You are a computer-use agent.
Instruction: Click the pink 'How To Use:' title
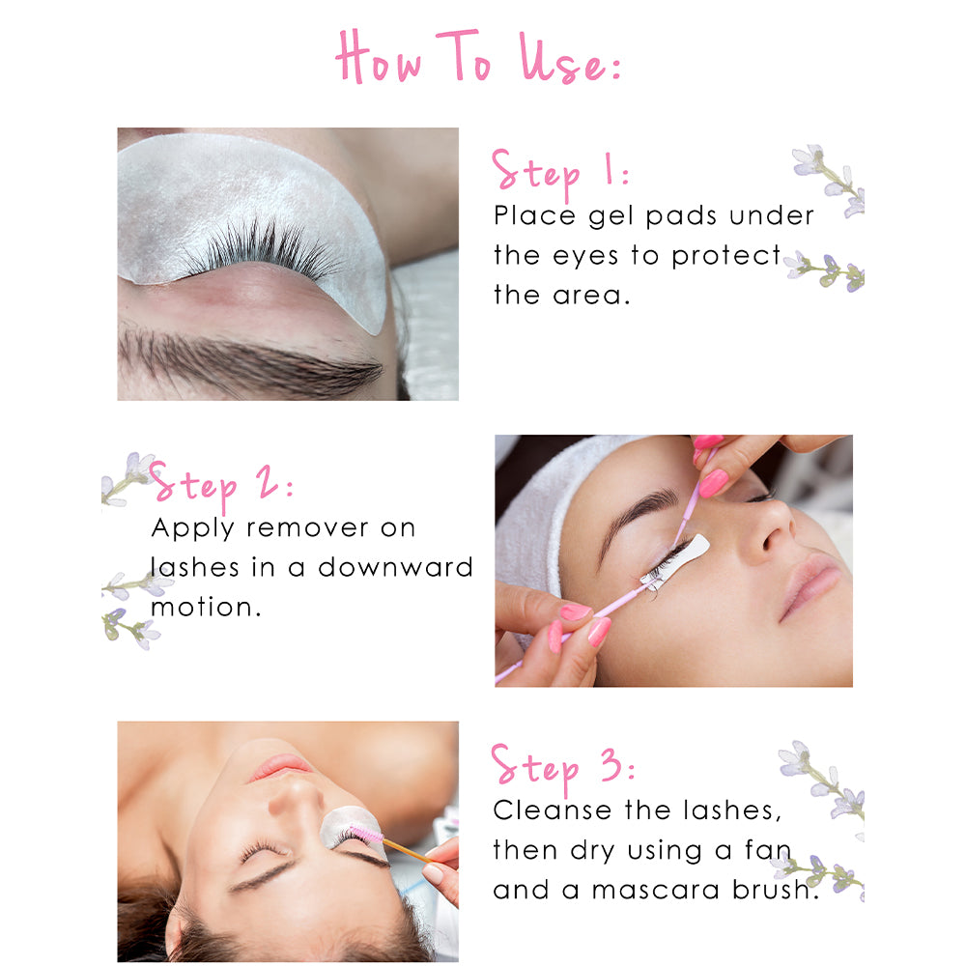pos(478,57)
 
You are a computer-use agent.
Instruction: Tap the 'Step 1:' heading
pos(560,173)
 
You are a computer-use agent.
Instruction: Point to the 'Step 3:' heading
pos(562,768)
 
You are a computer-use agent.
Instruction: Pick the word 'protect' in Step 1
pos(725,256)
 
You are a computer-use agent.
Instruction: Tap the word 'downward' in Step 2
pos(395,567)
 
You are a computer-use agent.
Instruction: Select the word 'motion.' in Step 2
pos(206,608)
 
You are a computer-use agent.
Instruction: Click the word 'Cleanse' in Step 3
pos(551,810)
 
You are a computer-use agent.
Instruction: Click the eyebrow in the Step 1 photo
pos(249,359)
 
